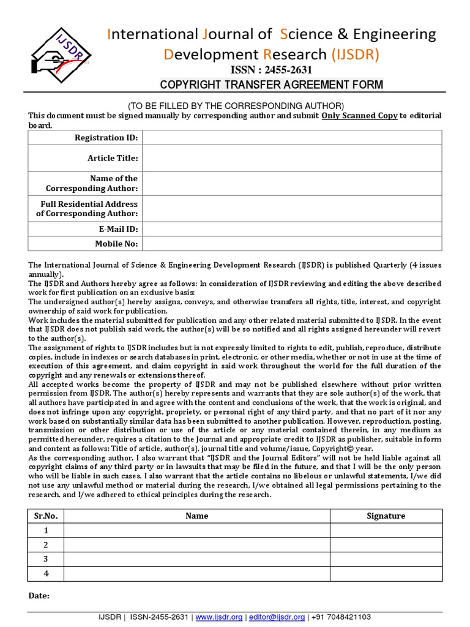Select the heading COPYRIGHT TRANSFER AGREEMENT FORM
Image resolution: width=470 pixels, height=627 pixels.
pos(272,84)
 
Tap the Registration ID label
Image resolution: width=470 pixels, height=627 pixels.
pos(106,138)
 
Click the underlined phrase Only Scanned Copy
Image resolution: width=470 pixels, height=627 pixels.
pos(359,116)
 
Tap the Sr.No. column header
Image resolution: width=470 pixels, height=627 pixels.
pos(46,516)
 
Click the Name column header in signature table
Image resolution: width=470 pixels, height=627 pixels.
pos(197,516)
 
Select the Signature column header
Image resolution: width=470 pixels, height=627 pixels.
pos(386,516)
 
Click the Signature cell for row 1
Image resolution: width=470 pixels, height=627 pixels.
pos(386,530)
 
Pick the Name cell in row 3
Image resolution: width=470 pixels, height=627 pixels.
pos(197,559)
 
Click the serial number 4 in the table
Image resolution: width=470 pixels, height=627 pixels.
pos(46,574)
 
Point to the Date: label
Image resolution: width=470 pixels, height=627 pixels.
pos(39,596)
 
